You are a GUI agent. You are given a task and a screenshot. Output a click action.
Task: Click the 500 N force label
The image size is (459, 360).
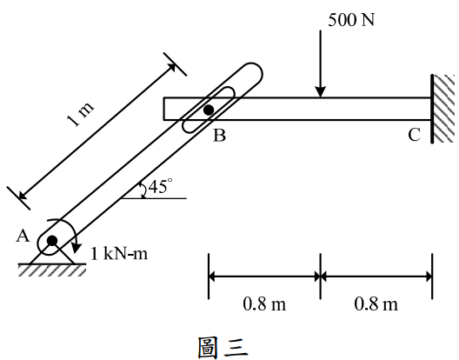click(x=351, y=20)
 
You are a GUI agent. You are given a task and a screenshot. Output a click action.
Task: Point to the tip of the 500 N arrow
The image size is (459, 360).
click(x=321, y=97)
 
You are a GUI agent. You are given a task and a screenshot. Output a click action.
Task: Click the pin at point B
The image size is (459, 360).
click(x=209, y=110)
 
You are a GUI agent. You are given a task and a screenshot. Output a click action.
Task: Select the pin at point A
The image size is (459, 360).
click(x=52, y=241)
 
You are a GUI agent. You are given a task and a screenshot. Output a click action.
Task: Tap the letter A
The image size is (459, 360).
click(x=23, y=236)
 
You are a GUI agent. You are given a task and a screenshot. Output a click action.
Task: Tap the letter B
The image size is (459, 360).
click(x=220, y=136)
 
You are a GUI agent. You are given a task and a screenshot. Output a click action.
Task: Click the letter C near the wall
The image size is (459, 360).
click(x=414, y=135)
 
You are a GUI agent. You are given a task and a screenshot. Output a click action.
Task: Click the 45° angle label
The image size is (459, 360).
click(x=161, y=186)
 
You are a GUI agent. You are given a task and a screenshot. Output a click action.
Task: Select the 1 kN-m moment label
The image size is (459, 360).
click(x=119, y=254)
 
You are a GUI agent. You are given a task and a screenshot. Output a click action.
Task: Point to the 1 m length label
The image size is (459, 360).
click(x=80, y=114)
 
